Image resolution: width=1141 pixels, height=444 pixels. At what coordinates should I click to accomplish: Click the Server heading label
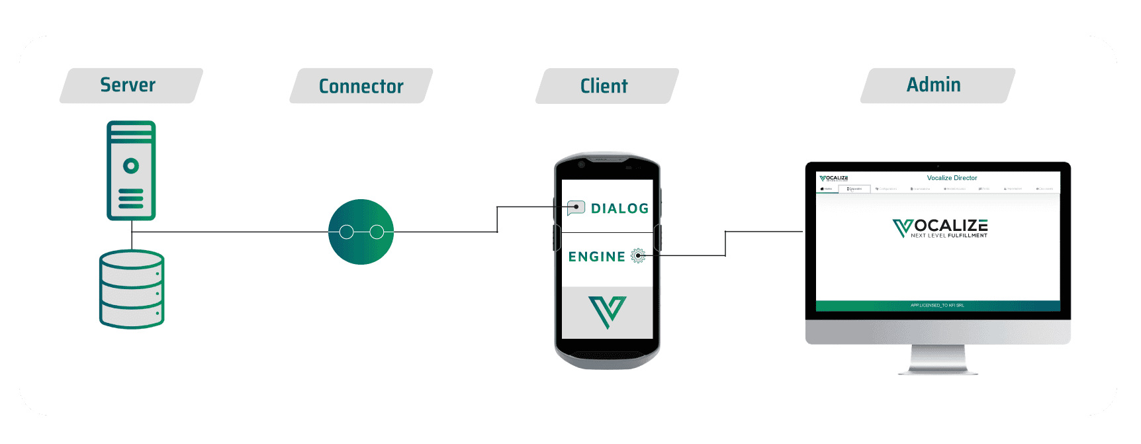pos(128,85)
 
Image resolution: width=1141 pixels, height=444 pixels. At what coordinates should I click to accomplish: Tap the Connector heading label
pos(361,86)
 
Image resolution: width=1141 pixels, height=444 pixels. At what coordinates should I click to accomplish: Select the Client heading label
pos(604,86)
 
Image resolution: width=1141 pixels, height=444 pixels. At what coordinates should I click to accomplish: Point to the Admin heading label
pos(934,85)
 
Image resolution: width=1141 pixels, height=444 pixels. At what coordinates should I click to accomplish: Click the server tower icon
pos(131,170)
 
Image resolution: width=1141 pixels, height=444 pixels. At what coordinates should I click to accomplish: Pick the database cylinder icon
pos(132,289)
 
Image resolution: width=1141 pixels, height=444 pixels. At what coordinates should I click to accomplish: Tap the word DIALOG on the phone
pos(619,209)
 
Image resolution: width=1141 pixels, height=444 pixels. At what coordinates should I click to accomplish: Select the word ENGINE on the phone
pos(596,257)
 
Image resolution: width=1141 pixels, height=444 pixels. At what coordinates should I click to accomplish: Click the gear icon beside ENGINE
pos(638,256)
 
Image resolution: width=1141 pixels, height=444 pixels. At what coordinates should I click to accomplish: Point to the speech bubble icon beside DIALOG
pos(576,208)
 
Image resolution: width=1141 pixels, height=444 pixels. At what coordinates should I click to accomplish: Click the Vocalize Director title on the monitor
pos(952,178)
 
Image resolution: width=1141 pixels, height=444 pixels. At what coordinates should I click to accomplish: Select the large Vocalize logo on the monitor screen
pos(940,228)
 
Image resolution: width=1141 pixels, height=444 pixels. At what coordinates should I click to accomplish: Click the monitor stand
pos(938,360)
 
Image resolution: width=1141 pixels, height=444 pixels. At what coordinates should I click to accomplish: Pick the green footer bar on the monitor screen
pos(938,306)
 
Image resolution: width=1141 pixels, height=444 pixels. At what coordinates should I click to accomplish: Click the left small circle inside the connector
pos(346,232)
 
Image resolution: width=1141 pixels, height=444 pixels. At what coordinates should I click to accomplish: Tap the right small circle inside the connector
pos(377,232)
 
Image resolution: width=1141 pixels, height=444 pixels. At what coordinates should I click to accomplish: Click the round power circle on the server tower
pos(131,165)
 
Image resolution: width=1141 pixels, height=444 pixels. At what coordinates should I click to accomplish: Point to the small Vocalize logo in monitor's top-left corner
pos(834,178)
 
